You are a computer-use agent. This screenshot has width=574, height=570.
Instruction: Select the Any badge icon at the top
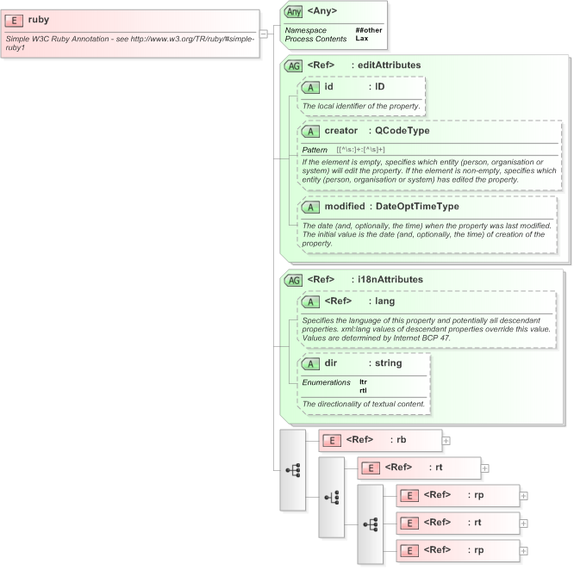click(294, 11)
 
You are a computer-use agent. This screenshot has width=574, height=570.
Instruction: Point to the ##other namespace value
click(368, 30)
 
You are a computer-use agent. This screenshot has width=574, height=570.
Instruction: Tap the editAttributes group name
click(389, 65)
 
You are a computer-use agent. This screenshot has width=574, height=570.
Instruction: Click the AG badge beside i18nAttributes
click(294, 280)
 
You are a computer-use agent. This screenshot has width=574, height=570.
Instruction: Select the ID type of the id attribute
click(379, 87)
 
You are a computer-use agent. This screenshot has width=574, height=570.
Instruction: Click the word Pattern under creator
click(314, 150)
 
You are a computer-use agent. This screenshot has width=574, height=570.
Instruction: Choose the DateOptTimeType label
click(417, 207)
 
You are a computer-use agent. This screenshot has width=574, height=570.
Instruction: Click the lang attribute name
click(384, 301)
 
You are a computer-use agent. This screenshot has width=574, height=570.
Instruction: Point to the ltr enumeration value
click(363, 381)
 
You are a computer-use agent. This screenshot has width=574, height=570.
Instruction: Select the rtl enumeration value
click(363, 390)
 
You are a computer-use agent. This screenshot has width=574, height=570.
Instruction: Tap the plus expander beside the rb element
click(446, 440)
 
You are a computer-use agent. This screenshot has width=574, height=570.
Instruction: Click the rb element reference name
click(401, 440)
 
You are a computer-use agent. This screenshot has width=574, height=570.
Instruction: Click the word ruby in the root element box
click(39, 20)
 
